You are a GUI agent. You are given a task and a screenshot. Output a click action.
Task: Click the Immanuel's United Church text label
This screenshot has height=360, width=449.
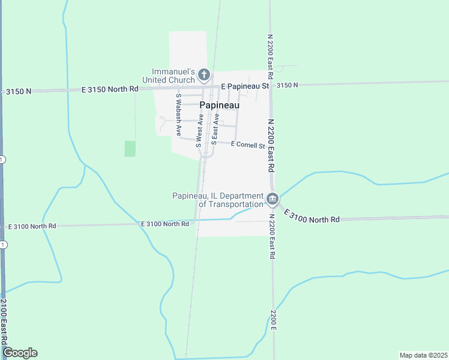(x=168, y=75)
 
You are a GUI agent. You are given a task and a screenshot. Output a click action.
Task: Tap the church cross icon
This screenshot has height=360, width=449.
(x=203, y=75)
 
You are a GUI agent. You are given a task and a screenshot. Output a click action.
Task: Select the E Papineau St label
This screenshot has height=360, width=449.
(x=244, y=86)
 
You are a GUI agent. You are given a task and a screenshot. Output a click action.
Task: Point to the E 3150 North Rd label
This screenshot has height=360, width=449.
(x=110, y=89)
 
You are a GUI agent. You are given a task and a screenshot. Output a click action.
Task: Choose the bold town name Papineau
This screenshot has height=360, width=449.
(x=219, y=105)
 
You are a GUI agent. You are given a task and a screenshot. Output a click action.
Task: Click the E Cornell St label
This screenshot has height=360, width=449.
(x=248, y=145)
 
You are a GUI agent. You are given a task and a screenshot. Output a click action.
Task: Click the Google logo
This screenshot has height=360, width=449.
(x=20, y=353)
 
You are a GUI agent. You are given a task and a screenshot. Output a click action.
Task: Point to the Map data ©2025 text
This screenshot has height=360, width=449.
(x=423, y=355)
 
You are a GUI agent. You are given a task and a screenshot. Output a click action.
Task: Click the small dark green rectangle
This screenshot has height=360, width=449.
(x=130, y=149)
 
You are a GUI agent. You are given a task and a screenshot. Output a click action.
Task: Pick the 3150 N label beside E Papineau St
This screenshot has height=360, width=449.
(x=287, y=86)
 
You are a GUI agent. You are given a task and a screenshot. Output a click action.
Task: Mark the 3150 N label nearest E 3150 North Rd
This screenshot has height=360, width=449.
(x=19, y=91)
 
